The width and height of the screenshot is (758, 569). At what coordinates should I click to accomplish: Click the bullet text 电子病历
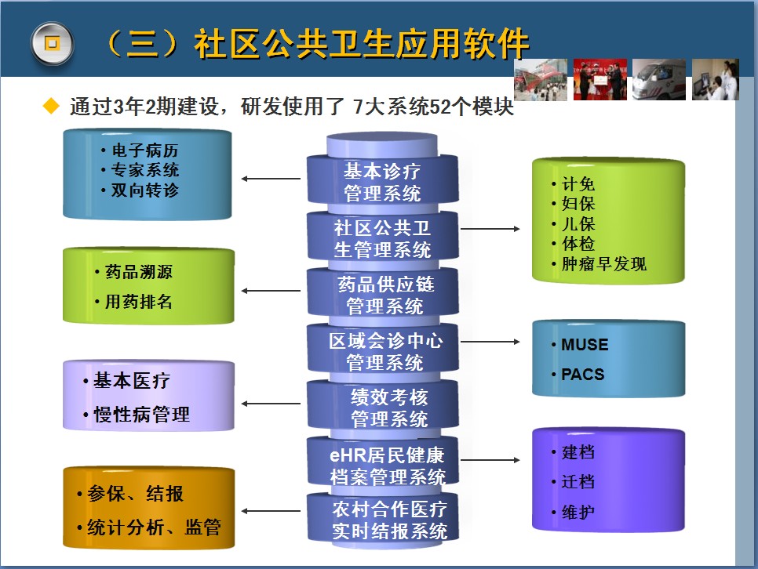coord(144,150)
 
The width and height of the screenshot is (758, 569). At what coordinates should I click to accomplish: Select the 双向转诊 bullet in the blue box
coord(144,190)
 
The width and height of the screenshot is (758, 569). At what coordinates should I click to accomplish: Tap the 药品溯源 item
coord(138,272)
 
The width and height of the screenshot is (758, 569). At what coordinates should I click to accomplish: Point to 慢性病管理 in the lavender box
coord(141,415)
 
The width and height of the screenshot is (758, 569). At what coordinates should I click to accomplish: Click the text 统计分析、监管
coord(154,527)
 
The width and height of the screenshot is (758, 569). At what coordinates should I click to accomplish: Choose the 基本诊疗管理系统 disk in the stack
coord(382,181)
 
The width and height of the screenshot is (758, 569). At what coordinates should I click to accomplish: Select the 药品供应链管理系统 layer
coord(384,294)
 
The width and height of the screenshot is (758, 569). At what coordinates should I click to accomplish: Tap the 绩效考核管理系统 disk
coord(384,408)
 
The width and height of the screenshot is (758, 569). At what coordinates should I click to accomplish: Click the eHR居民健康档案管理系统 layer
coord(384,464)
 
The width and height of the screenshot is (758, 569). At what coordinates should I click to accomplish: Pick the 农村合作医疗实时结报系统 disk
coord(384,520)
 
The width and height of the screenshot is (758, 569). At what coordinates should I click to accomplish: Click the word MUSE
coord(585,344)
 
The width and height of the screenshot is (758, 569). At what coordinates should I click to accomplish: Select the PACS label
coord(582,375)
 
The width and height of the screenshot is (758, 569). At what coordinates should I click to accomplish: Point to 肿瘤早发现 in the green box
coord(603,263)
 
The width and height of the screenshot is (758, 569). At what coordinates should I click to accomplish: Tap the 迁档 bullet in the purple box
coord(578,481)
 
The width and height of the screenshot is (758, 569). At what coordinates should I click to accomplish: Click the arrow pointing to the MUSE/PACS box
coord(490,342)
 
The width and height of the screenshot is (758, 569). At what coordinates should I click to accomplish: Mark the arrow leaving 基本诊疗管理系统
coord(271,179)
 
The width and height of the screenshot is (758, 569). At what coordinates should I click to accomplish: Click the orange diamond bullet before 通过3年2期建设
coord(51,106)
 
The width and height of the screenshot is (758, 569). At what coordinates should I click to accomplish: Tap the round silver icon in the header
coord(53,43)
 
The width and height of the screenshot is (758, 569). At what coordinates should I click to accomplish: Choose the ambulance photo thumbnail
coord(659,80)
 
